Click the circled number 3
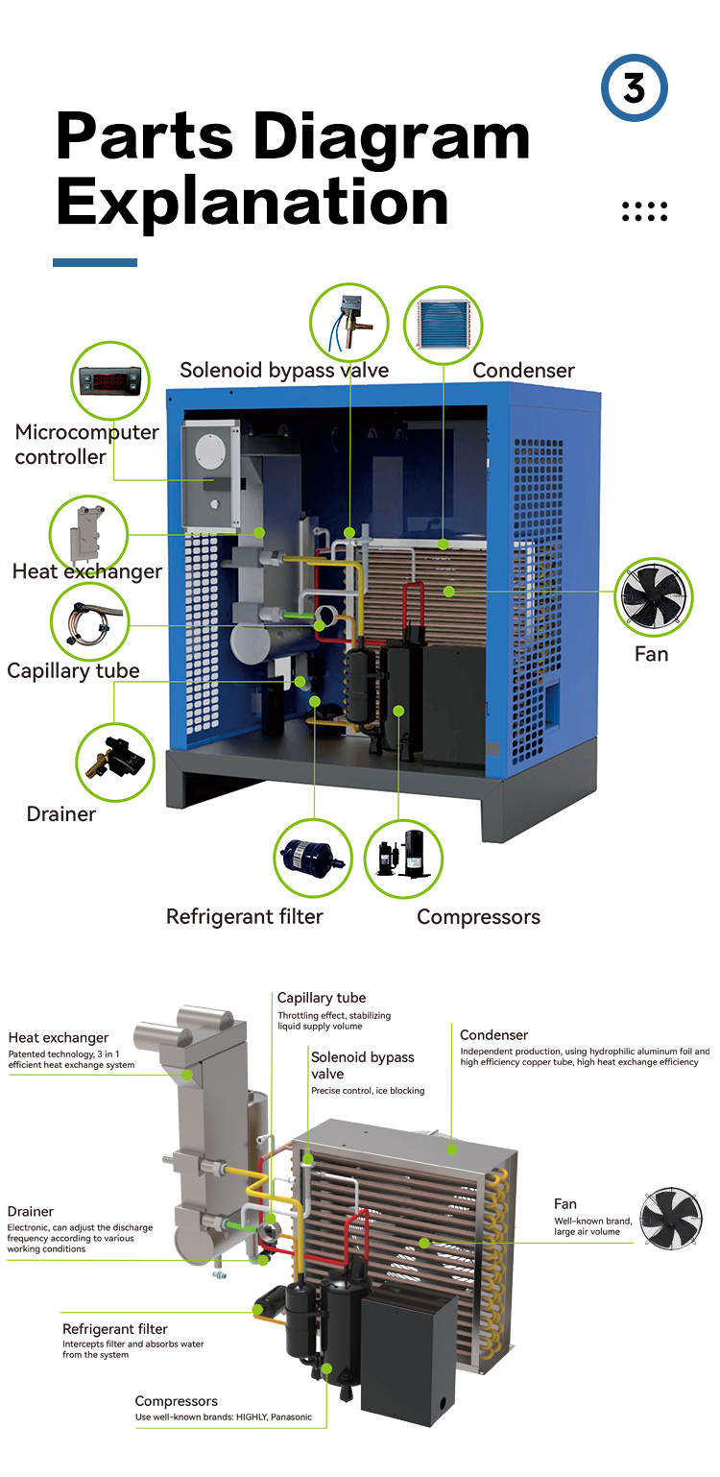pyautogui.click(x=634, y=88)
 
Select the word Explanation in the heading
pyautogui.click(x=252, y=202)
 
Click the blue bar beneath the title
pyautogui.click(x=94, y=262)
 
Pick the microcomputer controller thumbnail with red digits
pyautogui.click(x=108, y=380)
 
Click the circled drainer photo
pyautogui.click(x=114, y=762)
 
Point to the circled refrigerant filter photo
pyautogui.click(x=312, y=858)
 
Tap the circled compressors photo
pyautogui.click(x=403, y=858)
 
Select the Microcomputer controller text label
pyautogui.click(x=86, y=444)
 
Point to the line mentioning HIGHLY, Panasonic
pyautogui.click(x=223, y=1416)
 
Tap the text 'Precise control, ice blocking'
pyautogui.click(x=368, y=1090)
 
